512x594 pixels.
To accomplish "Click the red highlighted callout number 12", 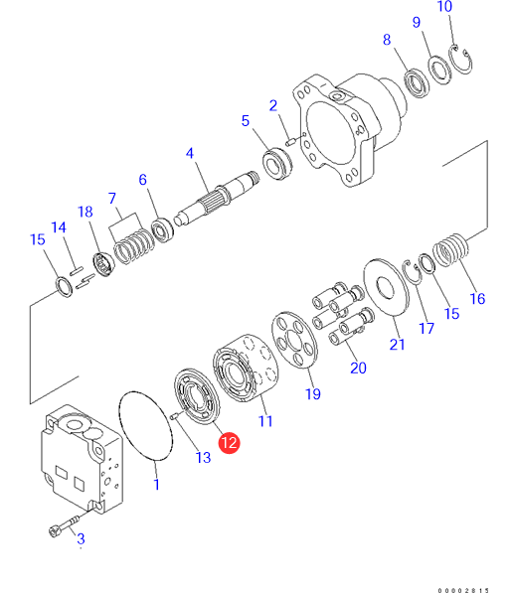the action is coord(229,442).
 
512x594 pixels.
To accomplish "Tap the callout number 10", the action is coord(444,6).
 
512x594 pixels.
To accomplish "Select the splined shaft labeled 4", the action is coord(217,199).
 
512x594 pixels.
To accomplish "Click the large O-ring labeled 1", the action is coord(145,426).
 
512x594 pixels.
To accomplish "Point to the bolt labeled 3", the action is coord(64,526).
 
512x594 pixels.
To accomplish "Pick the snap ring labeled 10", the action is coord(461,60).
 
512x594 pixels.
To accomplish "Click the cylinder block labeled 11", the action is coord(245,368).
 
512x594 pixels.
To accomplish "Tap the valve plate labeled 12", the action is coord(197,396).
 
